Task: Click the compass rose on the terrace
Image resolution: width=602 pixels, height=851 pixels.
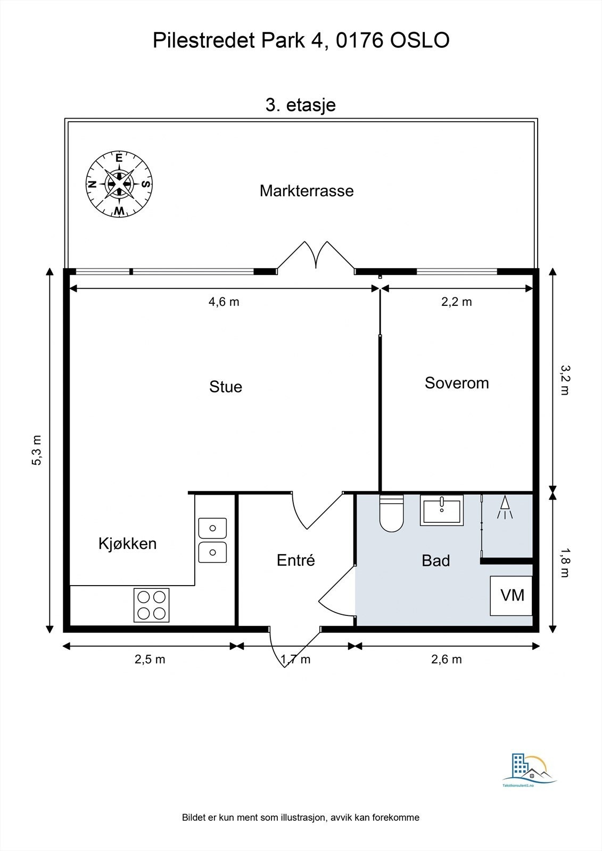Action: click(119, 184)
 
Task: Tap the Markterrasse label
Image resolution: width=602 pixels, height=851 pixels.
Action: click(307, 191)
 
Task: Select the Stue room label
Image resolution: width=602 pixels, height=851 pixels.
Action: click(226, 387)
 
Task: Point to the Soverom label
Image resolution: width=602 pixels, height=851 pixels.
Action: click(457, 383)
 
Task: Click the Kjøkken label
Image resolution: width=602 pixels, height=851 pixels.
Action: click(127, 544)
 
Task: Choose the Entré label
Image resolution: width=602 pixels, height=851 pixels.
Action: click(296, 560)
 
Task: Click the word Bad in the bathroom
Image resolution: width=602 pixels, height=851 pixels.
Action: click(436, 561)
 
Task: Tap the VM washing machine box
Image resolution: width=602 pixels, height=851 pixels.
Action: click(511, 596)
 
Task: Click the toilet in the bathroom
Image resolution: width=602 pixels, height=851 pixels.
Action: click(391, 513)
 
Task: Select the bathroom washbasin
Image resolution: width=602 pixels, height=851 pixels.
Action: click(441, 510)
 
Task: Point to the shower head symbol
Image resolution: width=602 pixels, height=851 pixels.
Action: click(505, 507)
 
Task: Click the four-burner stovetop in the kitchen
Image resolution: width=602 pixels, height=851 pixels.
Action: click(151, 605)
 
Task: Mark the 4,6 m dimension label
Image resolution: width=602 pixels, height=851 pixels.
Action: click(224, 302)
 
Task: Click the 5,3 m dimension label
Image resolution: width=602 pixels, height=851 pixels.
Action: click(37, 450)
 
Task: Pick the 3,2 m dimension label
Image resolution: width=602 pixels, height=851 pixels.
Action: click(565, 380)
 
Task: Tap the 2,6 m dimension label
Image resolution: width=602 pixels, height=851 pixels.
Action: click(447, 659)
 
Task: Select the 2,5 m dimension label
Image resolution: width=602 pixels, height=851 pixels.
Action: click(150, 659)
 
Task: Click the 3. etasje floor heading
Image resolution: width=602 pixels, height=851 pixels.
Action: click(300, 105)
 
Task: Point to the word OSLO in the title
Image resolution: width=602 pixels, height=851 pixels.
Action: click(420, 40)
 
